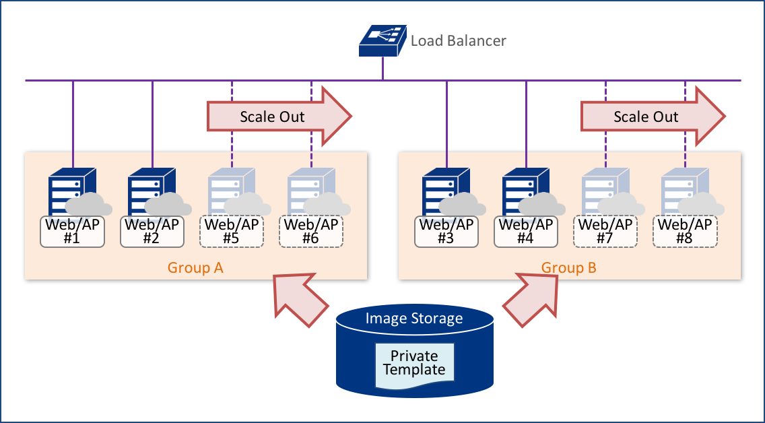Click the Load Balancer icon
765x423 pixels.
pos(382,40)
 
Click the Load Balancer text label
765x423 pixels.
pos(458,41)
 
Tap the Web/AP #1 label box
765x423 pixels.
pos(72,232)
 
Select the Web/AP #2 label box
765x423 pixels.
pos(152,232)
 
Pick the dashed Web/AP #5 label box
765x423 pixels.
pos(231,232)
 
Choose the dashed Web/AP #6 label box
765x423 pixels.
pos(310,232)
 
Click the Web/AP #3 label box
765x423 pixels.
pos(446,232)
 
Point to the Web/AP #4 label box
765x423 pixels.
pos(525,232)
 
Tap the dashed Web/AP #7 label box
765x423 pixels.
pos(605,232)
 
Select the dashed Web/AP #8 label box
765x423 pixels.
pos(684,232)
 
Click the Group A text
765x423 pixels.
pos(195,268)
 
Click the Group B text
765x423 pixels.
pos(569,268)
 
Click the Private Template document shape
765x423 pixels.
pos(414,364)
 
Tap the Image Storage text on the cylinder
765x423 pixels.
pos(414,319)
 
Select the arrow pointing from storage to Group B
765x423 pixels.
pos(531,298)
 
